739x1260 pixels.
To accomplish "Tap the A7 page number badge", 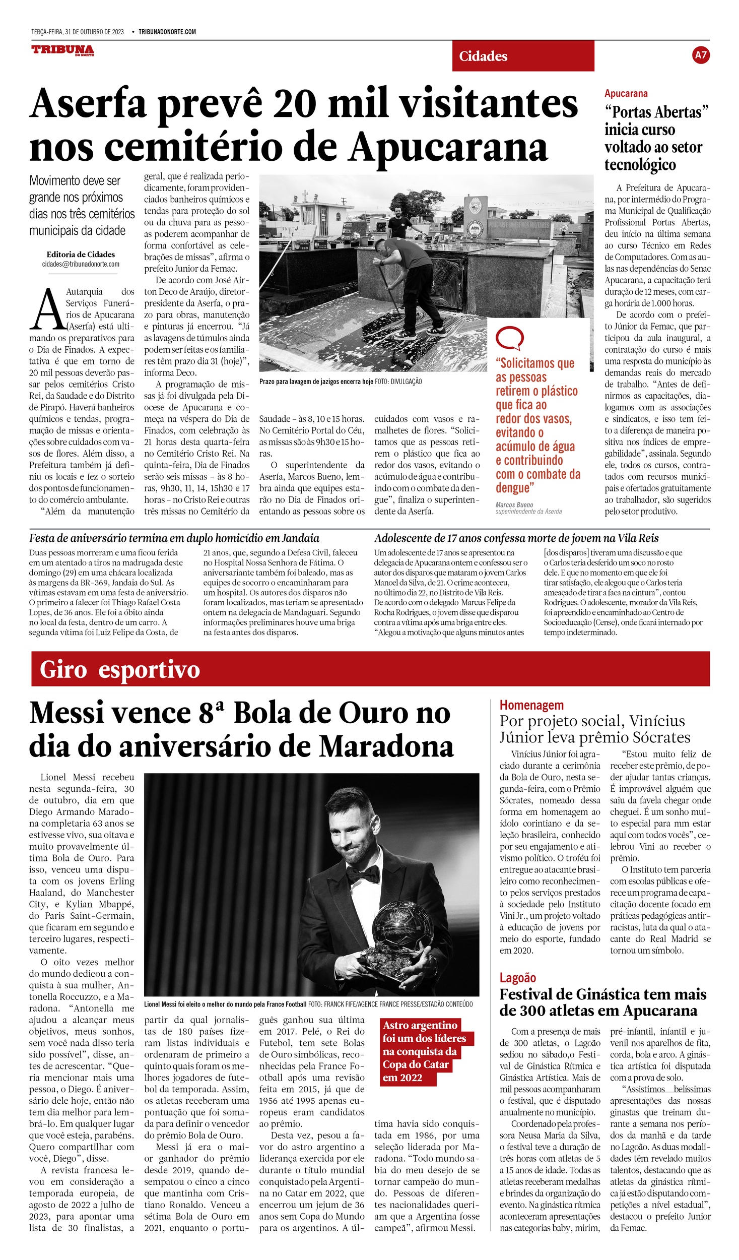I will coord(701,55).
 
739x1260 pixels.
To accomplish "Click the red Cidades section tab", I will coord(523,56).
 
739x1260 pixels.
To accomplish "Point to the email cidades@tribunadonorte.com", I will coord(81,264).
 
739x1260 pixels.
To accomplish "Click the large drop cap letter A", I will coord(45,309).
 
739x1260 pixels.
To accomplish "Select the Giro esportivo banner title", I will coord(120,670).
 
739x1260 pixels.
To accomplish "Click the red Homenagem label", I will coord(531,705).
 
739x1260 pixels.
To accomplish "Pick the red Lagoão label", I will coord(517,978).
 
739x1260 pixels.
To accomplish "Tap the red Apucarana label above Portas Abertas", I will coord(626,93).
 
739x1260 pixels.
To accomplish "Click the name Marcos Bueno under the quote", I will coord(514,505).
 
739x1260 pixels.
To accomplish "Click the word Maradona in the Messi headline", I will coord(386,746).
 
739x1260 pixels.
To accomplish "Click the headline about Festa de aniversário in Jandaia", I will coord(174,538).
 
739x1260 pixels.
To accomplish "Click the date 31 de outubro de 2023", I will coord(94,32).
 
